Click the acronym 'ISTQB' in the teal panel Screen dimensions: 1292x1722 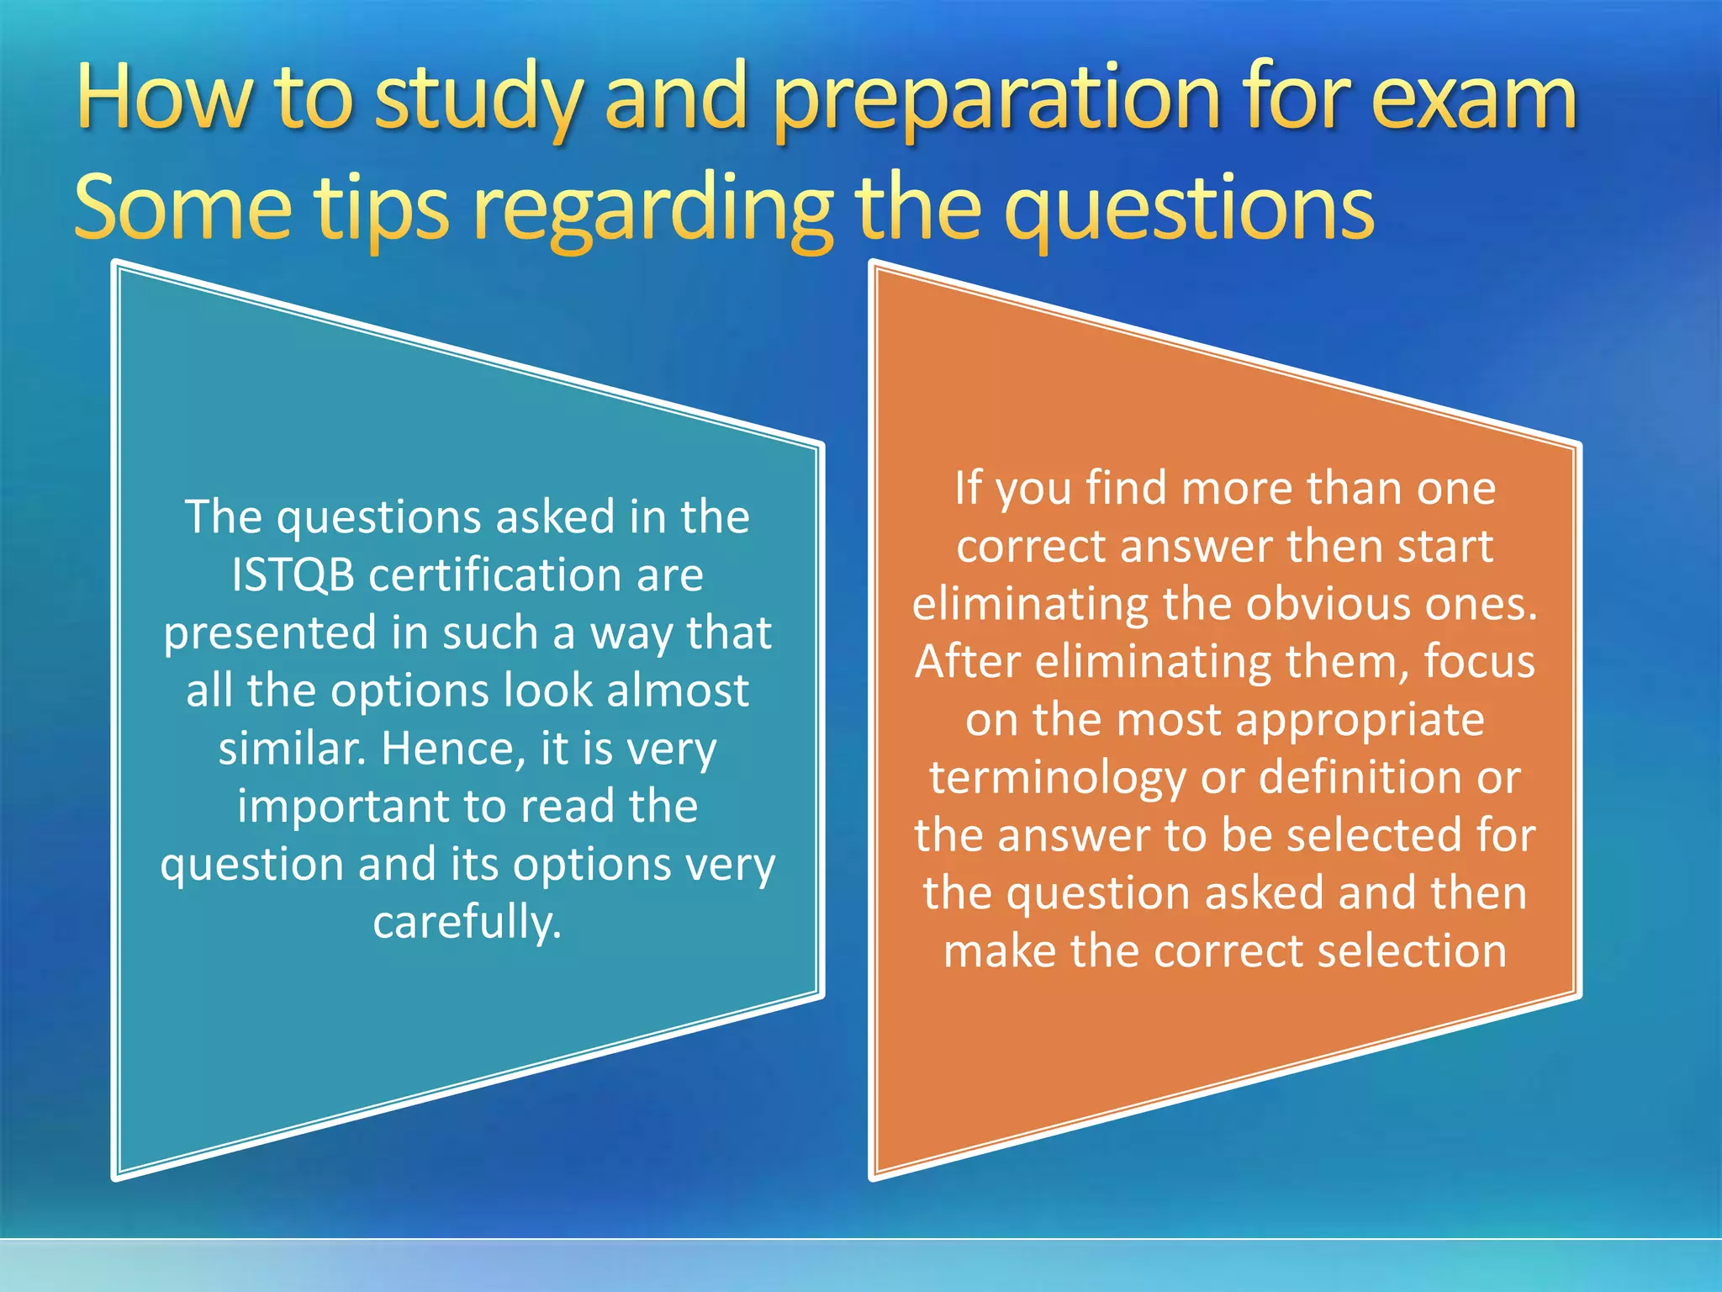tap(293, 575)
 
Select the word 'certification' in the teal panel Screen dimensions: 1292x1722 tap(494, 575)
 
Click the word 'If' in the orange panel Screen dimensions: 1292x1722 tap(968, 488)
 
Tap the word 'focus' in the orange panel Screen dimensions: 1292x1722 tap(1479, 662)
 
